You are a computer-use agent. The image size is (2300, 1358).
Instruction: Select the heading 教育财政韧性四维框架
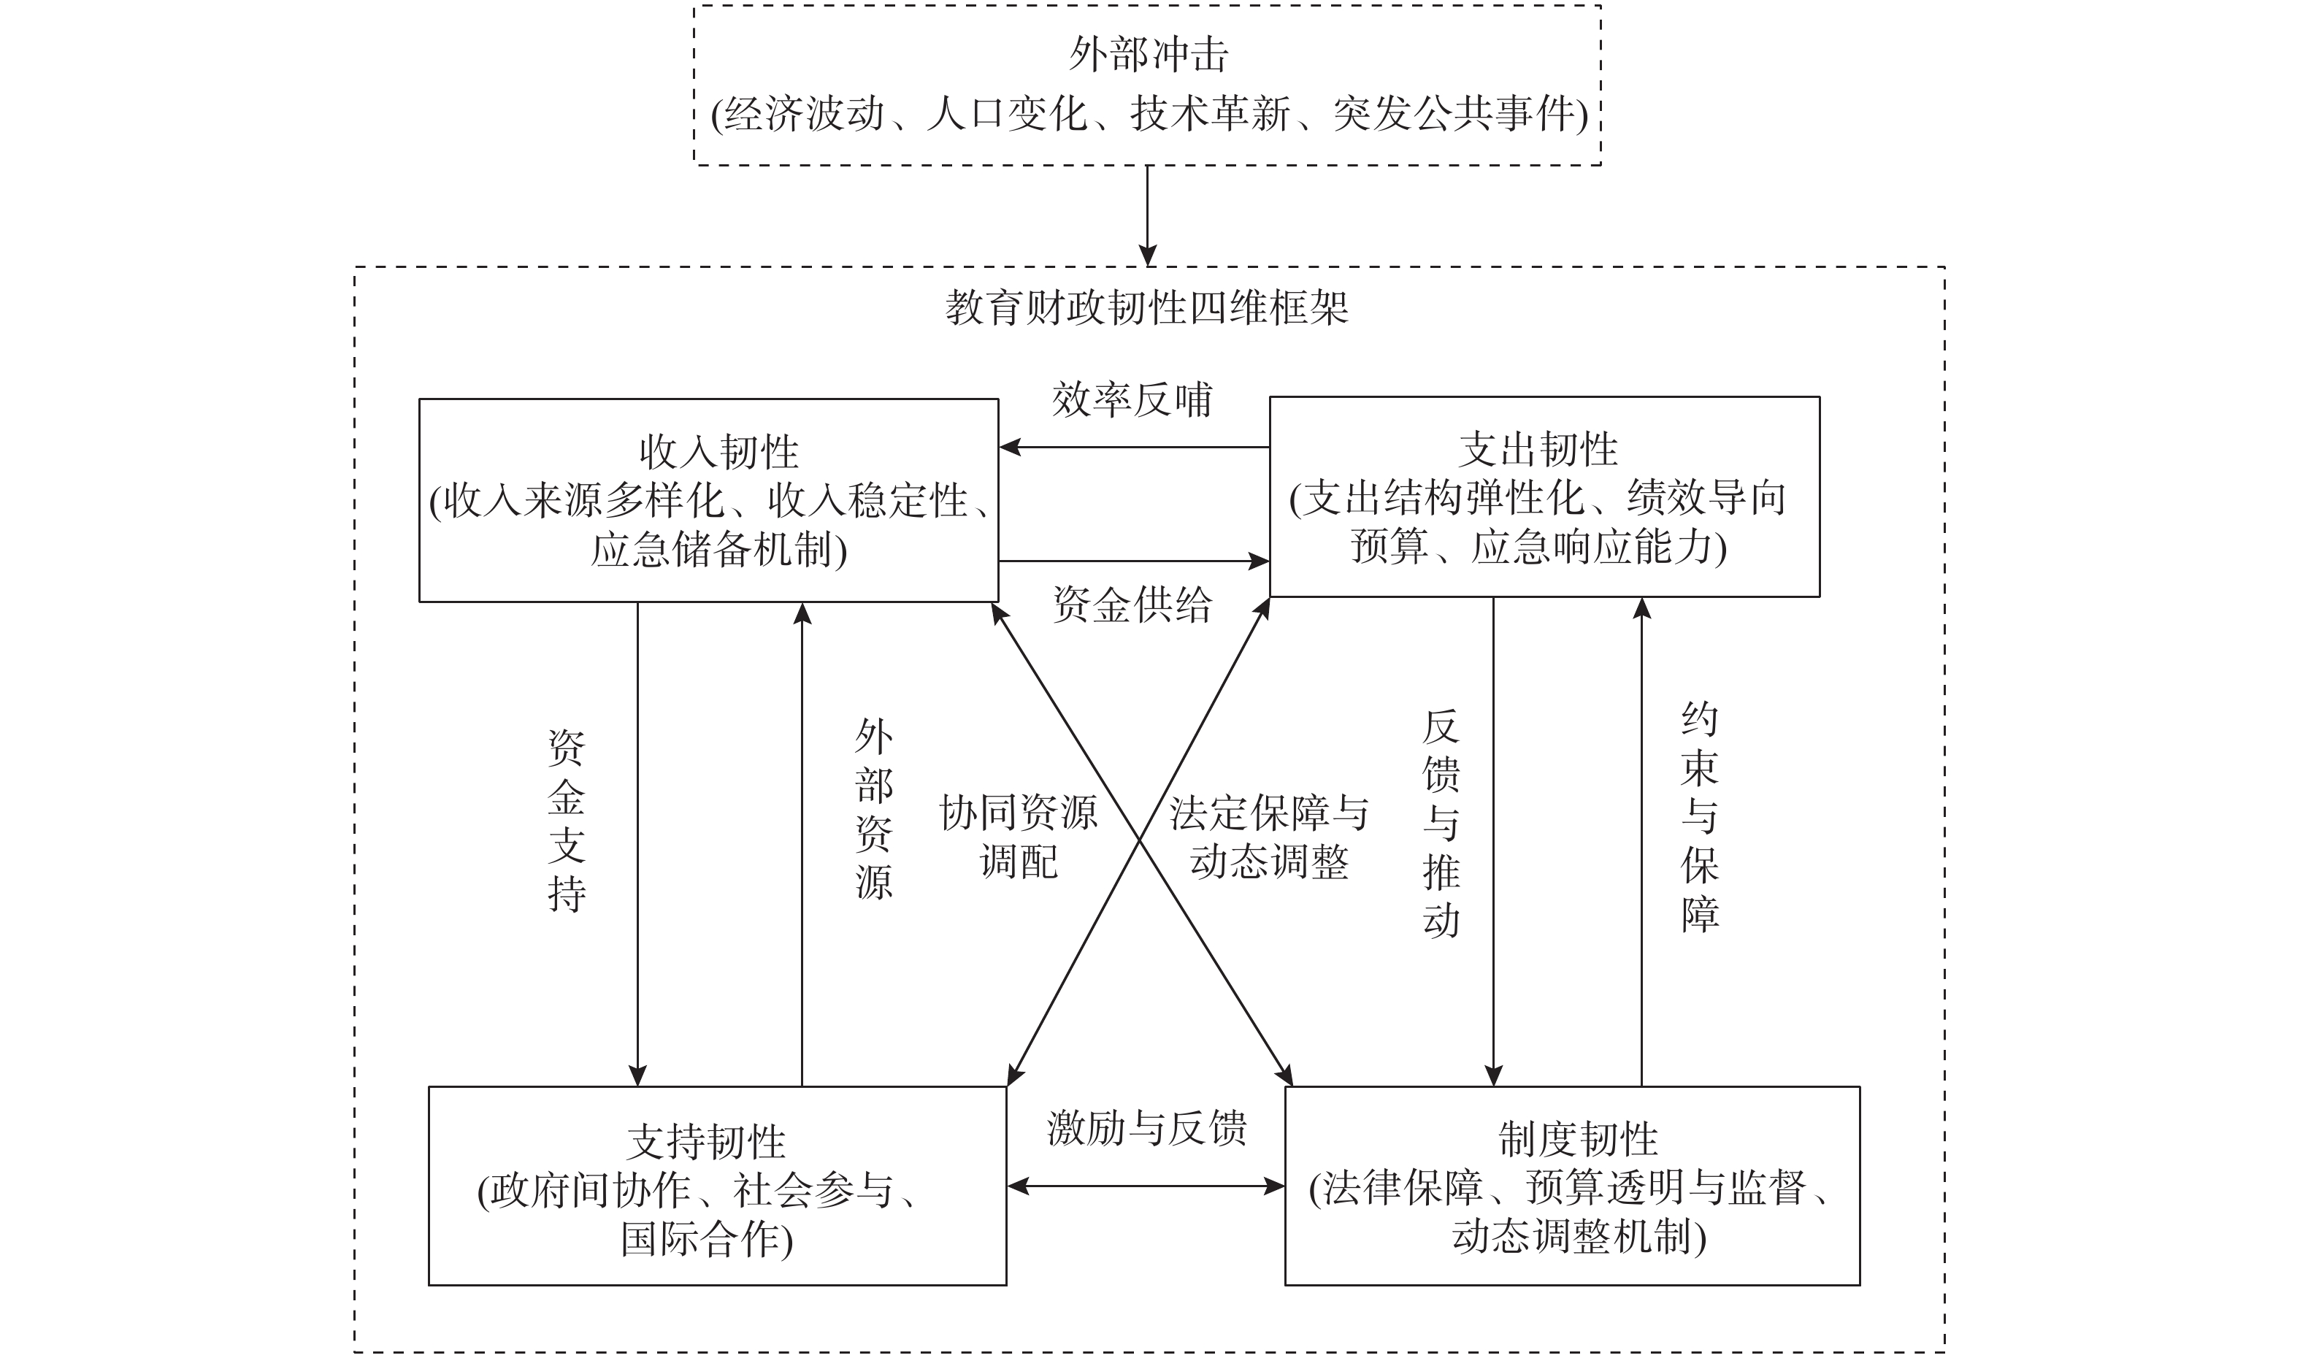point(1147,308)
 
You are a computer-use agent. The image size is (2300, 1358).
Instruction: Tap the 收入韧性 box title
point(718,451)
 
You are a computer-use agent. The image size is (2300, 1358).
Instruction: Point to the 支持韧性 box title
point(706,1142)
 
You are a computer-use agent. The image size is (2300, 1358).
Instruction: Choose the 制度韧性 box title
point(1578,1139)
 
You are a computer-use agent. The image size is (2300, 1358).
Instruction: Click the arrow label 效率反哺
point(1132,400)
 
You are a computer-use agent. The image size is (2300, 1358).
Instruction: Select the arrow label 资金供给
point(1132,605)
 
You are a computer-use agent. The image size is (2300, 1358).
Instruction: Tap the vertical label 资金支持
point(567,822)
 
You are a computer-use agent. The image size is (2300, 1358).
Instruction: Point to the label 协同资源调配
point(1019,837)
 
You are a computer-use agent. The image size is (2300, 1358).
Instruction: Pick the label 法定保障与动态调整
point(1269,837)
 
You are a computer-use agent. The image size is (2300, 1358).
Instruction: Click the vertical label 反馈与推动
point(1441,824)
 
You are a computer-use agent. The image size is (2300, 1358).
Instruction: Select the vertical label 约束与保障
point(1699,817)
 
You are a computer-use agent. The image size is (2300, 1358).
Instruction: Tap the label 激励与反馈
point(1147,1128)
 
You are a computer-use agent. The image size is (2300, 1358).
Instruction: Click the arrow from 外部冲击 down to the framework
point(1147,215)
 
